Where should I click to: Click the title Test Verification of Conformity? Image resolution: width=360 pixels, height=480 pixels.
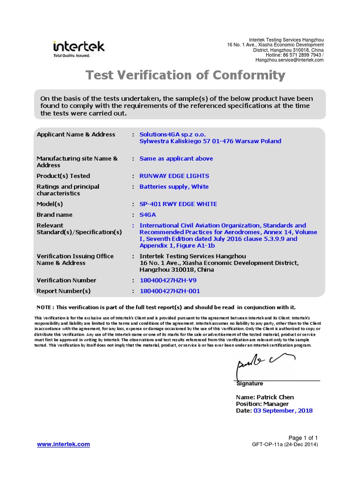click(x=185, y=75)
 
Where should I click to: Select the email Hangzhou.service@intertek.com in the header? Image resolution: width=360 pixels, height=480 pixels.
click(x=289, y=60)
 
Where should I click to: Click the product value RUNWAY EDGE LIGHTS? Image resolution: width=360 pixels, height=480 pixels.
click(x=174, y=176)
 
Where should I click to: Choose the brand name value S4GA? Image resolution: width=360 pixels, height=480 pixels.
click(x=148, y=215)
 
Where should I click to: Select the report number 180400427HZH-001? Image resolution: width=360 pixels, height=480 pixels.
click(x=170, y=291)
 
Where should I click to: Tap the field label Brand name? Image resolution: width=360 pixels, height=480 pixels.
click(x=54, y=215)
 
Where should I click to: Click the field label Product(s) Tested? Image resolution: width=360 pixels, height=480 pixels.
click(x=63, y=176)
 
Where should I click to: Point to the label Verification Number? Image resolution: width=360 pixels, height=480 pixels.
click(x=66, y=280)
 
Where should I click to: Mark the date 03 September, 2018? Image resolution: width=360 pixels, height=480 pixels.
click(x=283, y=411)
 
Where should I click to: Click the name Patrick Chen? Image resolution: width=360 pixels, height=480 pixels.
click(x=280, y=397)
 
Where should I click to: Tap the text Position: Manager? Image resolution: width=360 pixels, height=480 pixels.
click(x=262, y=404)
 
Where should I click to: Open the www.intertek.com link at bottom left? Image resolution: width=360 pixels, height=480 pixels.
click(x=63, y=444)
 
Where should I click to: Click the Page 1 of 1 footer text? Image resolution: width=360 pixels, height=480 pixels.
click(x=303, y=437)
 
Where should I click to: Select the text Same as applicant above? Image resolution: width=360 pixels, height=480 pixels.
click(x=176, y=159)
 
